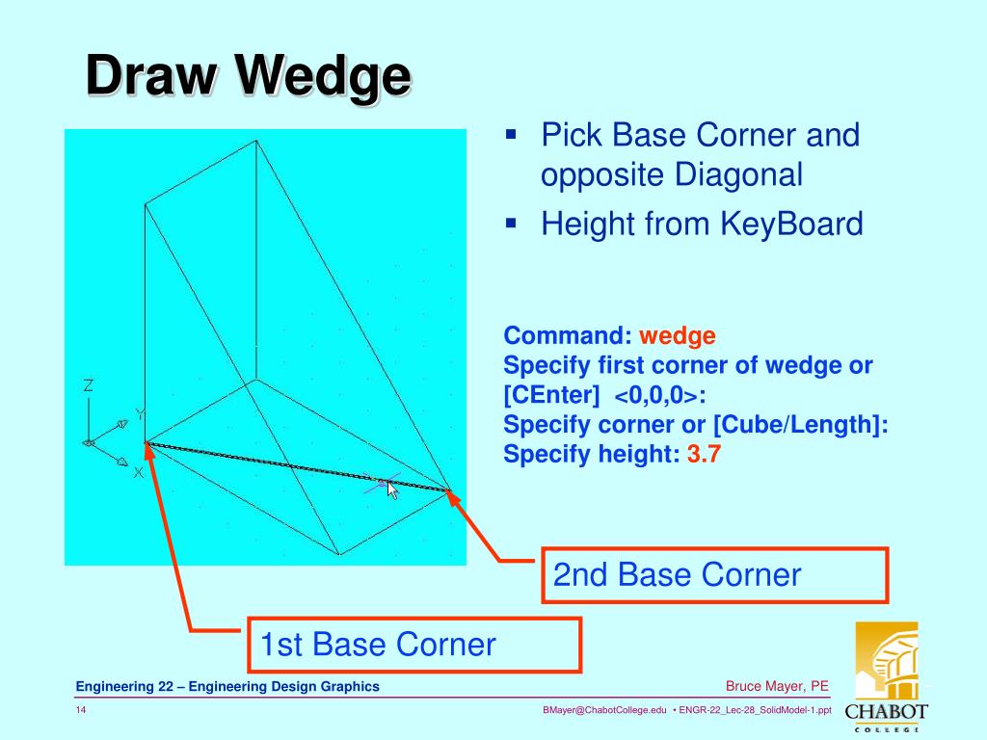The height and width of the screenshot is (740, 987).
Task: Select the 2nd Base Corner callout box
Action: (713, 575)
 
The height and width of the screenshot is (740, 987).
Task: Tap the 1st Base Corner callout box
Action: (414, 644)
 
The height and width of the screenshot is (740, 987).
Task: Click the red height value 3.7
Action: (704, 455)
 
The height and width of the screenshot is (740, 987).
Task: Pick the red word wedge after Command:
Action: (678, 336)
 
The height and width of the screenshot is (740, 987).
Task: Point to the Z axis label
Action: (88, 385)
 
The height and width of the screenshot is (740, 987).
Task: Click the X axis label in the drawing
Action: (139, 472)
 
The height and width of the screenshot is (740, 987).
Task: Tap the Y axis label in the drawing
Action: (140, 415)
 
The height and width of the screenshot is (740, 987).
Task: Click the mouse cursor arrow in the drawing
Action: (392, 489)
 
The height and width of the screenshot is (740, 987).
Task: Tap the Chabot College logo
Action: (886, 674)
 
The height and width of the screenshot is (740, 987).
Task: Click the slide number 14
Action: (82, 711)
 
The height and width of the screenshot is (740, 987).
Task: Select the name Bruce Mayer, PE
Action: (777, 686)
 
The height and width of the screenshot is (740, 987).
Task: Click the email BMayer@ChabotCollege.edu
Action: (604, 711)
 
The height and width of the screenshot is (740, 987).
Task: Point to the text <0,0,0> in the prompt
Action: (655, 396)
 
